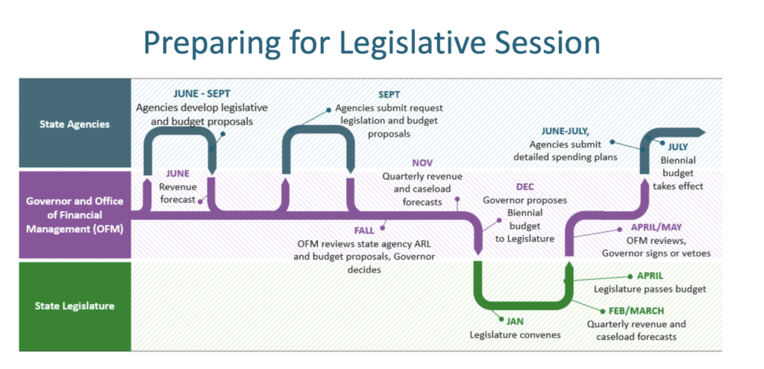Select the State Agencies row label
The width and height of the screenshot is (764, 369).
pyautogui.click(x=75, y=124)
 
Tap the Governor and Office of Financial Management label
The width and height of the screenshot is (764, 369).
pyautogui.click(x=74, y=214)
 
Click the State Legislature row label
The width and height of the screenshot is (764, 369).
pyautogui.click(x=75, y=304)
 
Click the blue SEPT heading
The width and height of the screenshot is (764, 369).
pyautogui.click(x=389, y=95)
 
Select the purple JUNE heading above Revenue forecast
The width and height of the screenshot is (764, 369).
pyautogui.click(x=178, y=173)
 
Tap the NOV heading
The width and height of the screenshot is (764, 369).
pyautogui.click(x=422, y=163)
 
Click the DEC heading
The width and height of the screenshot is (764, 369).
pyautogui.click(x=525, y=187)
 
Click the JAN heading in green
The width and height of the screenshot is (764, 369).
pyautogui.click(x=515, y=321)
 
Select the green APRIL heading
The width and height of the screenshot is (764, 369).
pyautogui.click(x=650, y=275)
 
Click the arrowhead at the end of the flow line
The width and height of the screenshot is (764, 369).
pyautogui.click(x=699, y=132)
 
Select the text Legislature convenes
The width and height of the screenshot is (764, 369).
pyautogui.click(x=515, y=335)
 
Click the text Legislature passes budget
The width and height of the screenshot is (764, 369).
pyautogui.click(x=650, y=288)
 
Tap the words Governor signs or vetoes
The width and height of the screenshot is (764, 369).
pyautogui.click(x=656, y=253)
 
